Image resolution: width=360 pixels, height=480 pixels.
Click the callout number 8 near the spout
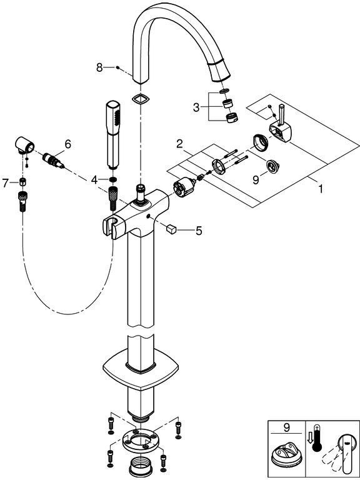point(99,67)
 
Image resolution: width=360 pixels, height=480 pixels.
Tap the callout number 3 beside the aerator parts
point(196,107)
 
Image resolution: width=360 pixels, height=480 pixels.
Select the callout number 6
point(67,144)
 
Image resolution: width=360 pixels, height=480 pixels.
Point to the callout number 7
point(5,183)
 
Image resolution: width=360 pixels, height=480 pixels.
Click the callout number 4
point(94,180)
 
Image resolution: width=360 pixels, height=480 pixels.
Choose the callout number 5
point(199,231)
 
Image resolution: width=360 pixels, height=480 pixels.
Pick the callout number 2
point(179,144)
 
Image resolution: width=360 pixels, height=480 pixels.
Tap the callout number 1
point(320,189)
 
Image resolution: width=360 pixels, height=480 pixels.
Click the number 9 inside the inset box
point(286,427)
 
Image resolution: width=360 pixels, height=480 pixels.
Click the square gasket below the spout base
point(140,99)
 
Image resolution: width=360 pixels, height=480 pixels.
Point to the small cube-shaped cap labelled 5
point(171,228)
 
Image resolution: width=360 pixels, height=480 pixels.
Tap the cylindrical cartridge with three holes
point(184,187)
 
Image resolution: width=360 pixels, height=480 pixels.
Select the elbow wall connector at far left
point(24,145)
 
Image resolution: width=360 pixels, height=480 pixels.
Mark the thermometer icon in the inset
point(317,437)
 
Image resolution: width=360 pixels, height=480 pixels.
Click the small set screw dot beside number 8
point(118,67)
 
